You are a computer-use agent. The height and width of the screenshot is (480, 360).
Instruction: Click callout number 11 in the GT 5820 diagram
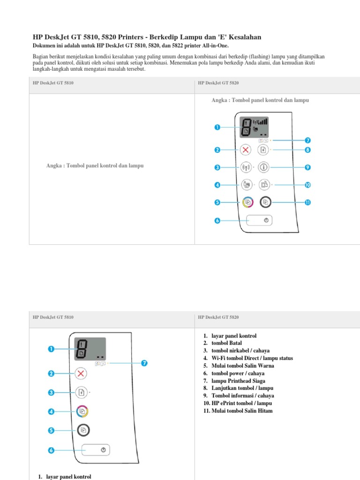(x=308, y=202)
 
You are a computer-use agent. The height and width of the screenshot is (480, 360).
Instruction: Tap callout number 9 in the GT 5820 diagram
(x=308, y=167)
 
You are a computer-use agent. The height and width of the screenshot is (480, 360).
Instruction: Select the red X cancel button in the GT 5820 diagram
(x=246, y=150)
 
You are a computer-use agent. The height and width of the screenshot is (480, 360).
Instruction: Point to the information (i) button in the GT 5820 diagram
(x=264, y=167)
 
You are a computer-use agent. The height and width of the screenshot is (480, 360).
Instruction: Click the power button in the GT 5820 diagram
(x=260, y=221)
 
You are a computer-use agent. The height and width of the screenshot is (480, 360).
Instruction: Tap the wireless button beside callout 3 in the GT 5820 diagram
(x=246, y=167)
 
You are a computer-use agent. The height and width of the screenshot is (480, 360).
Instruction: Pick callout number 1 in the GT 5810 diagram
(x=51, y=349)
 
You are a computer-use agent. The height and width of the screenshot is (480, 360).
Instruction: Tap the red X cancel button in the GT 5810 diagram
(x=81, y=373)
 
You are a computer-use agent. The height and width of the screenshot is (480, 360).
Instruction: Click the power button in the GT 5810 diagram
(x=96, y=450)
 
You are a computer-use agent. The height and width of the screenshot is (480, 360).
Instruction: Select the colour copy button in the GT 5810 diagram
(x=82, y=412)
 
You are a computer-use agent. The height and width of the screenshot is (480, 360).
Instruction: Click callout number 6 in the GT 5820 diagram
(x=217, y=221)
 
